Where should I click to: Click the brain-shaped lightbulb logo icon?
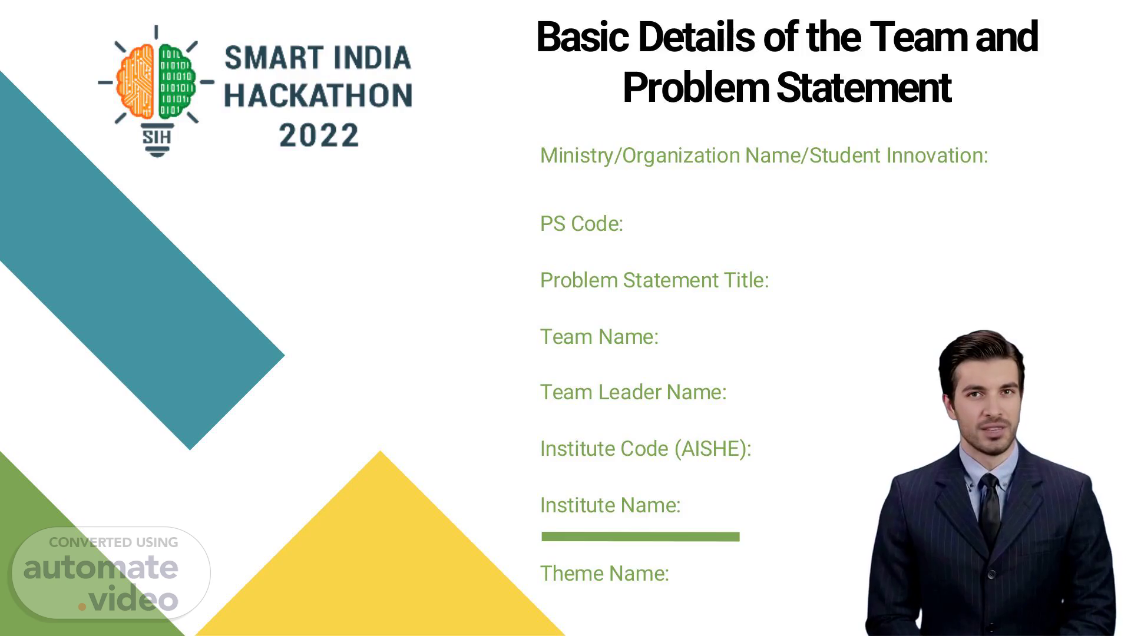coord(156,91)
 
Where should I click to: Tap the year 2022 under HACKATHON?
coord(319,135)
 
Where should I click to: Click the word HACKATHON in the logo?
coord(318,96)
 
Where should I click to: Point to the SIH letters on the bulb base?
coord(157,137)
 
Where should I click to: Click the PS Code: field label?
coord(581,224)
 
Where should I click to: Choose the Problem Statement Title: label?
coord(654,280)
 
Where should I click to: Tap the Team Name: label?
coord(599,337)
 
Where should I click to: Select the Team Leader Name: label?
coord(633,392)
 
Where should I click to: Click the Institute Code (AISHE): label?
coord(646,449)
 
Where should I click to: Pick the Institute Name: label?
coord(610,505)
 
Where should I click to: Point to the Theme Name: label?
coord(604,574)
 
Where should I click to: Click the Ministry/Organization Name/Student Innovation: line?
coord(764,155)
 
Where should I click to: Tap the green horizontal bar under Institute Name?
coord(640,536)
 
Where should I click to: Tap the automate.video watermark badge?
coord(111,572)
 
